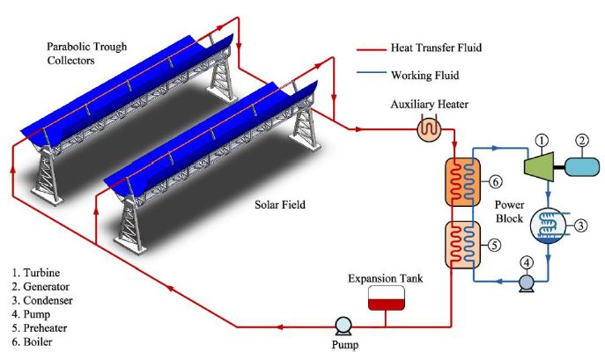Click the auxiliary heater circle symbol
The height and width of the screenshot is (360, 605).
tap(427, 129)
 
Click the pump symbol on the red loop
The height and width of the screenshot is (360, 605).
tap(343, 326)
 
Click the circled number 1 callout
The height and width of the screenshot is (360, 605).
tap(542, 139)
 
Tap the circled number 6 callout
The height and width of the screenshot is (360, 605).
tap(497, 181)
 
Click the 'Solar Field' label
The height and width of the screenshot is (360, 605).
tap(270, 203)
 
